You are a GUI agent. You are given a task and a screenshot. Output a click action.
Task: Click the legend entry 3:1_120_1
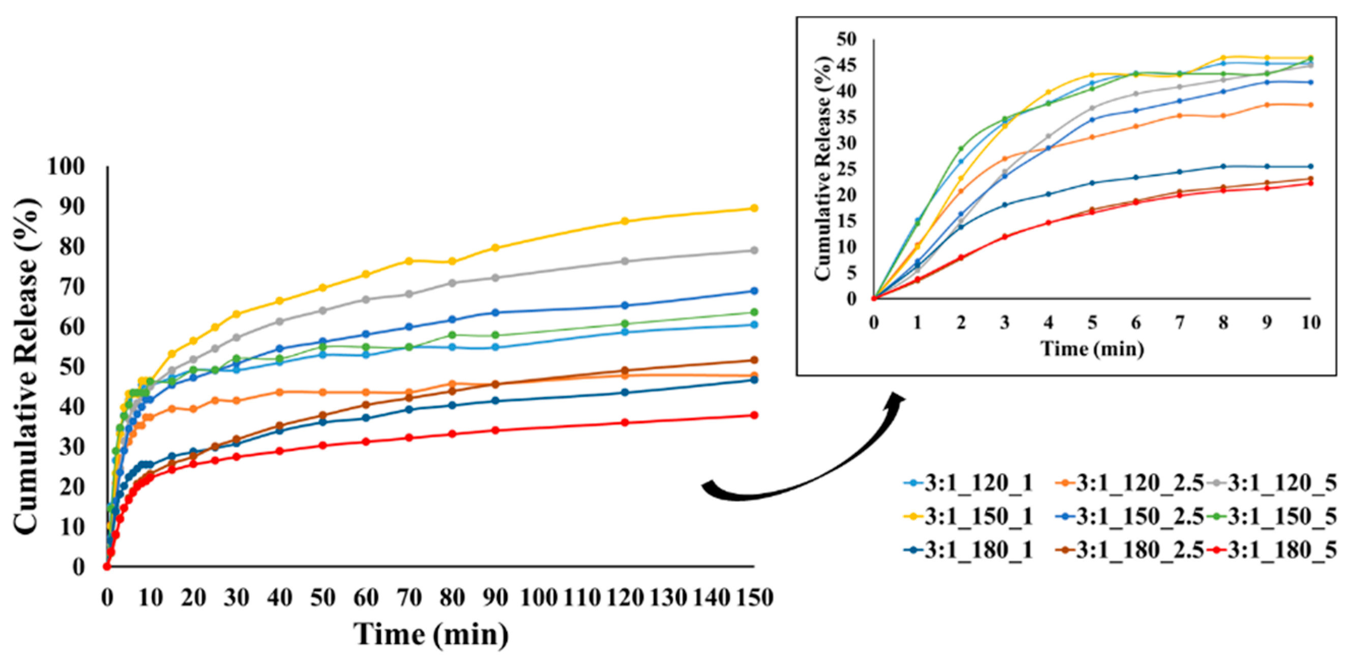tap(969, 483)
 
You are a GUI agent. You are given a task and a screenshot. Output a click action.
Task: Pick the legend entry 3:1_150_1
tap(969, 516)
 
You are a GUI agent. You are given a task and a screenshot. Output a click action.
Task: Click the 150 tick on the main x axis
tap(754, 597)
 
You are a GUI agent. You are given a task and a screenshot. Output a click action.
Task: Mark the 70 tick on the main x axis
tap(409, 597)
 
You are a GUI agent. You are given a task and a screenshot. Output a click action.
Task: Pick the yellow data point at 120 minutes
tap(625, 221)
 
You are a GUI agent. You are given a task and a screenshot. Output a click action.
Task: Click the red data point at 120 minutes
tap(625, 422)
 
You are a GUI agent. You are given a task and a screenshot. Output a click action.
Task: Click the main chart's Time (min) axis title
tap(431, 634)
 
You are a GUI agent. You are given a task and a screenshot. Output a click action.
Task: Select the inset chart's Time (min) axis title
tap(1092, 349)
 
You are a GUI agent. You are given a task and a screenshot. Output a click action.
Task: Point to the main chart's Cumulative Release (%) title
tap(26, 367)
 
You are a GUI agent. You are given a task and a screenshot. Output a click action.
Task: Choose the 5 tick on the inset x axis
tap(1092, 322)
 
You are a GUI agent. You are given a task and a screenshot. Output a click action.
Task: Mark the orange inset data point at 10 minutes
tap(1311, 105)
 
